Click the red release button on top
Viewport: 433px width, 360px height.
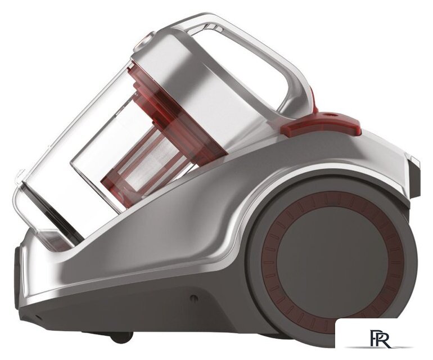click(321, 124)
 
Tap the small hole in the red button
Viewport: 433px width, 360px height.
click(331, 114)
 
